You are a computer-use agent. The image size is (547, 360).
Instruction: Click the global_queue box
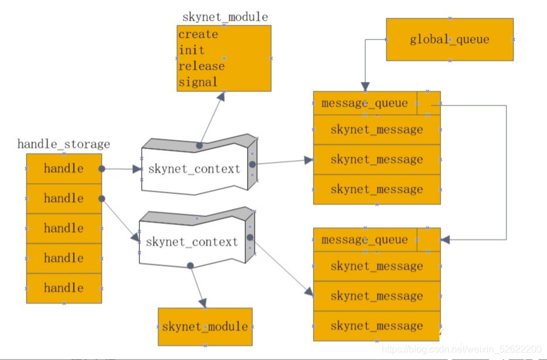tap(450, 39)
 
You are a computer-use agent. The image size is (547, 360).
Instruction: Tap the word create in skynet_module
tap(198, 34)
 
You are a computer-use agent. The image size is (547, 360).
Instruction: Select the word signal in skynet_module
tap(198, 82)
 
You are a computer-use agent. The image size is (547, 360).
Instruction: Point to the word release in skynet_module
tap(202, 66)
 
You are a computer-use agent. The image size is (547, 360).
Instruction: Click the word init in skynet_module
tap(192, 50)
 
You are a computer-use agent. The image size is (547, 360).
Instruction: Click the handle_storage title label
tap(64, 144)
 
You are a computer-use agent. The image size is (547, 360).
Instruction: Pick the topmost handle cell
tap(64, 168)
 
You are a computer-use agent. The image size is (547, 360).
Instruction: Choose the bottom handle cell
tap(64, 288)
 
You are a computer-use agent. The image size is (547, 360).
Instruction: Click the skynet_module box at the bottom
tap(205, 327)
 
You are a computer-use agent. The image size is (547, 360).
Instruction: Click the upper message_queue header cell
tap(365, 104)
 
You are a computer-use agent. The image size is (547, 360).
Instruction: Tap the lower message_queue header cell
tap(365, 239)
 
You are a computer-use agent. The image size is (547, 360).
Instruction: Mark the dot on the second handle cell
tap(102, 198)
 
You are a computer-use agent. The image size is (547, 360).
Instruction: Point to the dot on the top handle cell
tap(102, 169)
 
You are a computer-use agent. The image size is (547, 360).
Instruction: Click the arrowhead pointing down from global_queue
tap(365, 86)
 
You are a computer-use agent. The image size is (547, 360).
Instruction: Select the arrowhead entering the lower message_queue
tap(445, 239)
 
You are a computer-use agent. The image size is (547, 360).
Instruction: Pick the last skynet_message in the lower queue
tap(377, 326)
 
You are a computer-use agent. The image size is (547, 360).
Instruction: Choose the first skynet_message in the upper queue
tap(377, 129)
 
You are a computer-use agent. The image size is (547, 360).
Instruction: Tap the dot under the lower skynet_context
tap(190, 266)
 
